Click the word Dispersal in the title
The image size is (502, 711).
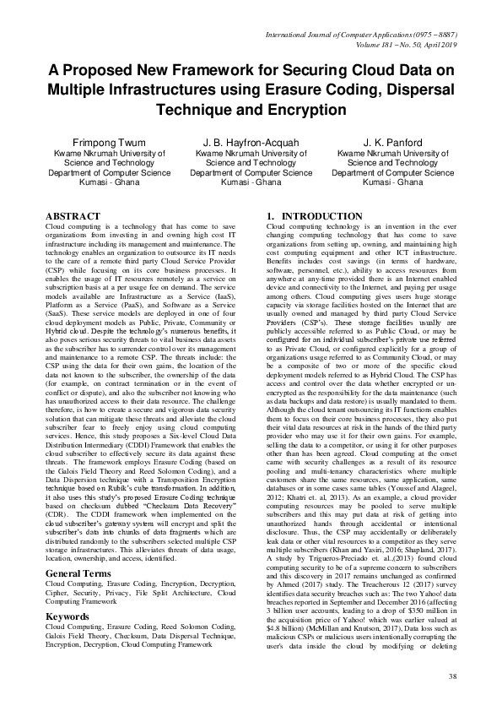point(423,90)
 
